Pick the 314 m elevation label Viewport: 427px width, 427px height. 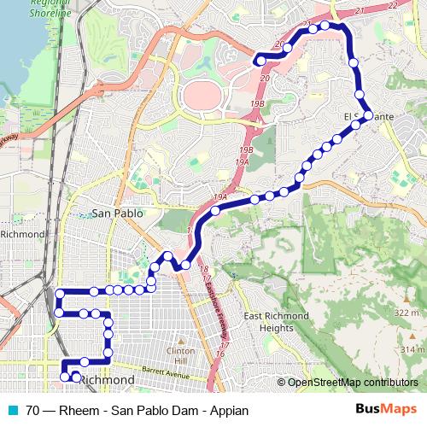click(x=412, y=350)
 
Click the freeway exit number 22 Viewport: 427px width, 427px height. click(x=392, y=6)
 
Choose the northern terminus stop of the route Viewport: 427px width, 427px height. click(x=259, y=60)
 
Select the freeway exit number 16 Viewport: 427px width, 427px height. click(x=220, y=353)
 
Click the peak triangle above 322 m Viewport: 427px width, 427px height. click(x=404, y=303)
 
